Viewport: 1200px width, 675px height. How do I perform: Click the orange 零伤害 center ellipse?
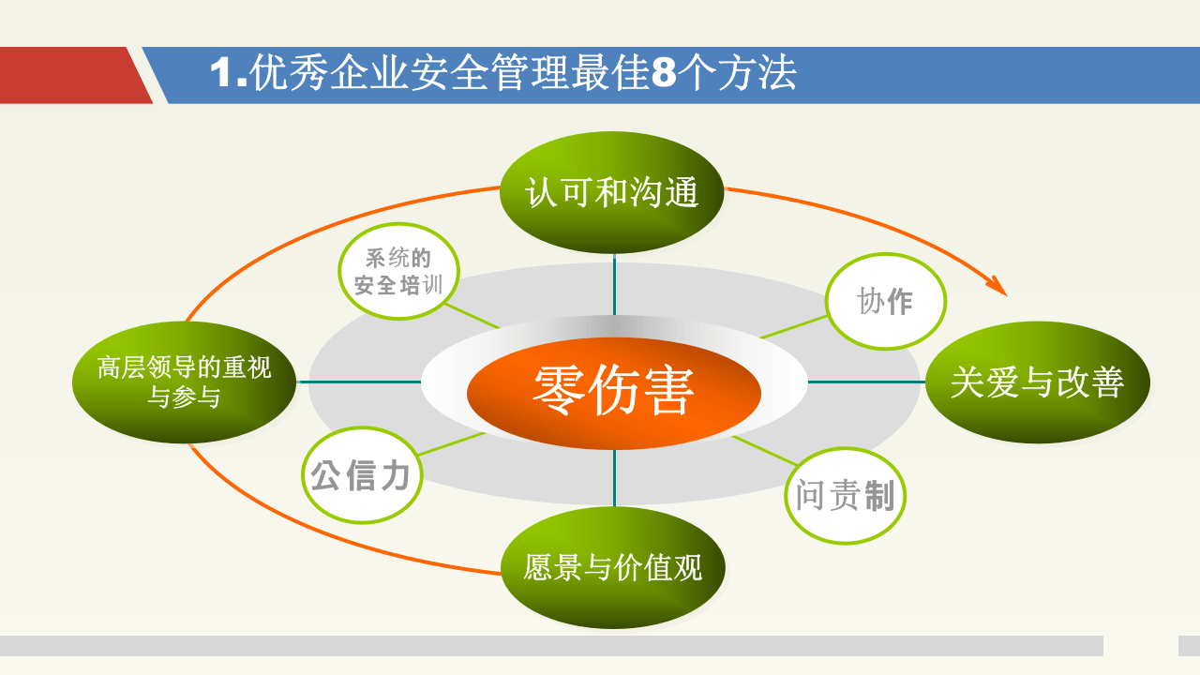(614, 392)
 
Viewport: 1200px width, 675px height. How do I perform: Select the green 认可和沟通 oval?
(612, 193)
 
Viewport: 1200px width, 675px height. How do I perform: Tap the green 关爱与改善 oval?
(1037, 382)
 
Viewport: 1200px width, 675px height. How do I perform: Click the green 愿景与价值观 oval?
(613, 567)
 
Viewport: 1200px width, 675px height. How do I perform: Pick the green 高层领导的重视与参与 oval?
(184, 382)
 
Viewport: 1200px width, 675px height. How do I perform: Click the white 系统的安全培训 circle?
(398, 271)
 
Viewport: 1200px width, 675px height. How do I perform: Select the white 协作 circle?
(885, 301)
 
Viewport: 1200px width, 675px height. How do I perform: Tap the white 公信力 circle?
(361, 474)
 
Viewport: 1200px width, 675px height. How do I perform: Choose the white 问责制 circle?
(845, 496)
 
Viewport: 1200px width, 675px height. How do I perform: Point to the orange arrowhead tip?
(1005, 294)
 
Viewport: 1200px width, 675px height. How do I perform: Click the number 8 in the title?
(663, 74)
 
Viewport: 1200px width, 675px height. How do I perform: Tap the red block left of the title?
(70, 75)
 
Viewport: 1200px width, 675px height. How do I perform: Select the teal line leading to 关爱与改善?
(866, 382)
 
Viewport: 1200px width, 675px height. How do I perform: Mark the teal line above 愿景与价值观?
(614, 478)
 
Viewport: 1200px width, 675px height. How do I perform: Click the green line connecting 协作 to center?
(793, 327)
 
